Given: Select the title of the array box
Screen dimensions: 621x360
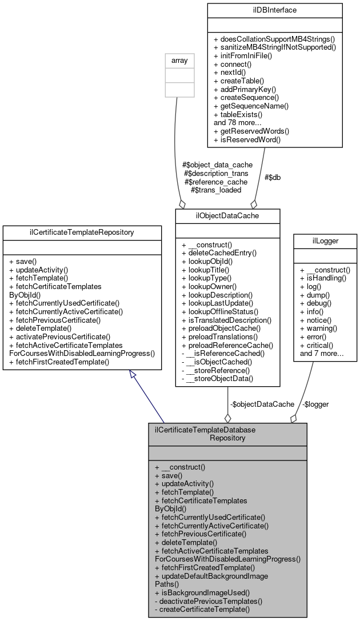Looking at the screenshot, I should point(177,59).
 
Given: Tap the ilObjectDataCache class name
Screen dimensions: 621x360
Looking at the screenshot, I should point(227,215).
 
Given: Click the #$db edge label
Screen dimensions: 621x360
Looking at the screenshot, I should point(272,177).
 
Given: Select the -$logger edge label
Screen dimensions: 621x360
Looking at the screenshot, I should point(315,404).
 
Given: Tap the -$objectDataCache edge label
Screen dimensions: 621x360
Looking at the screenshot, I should point(262,404).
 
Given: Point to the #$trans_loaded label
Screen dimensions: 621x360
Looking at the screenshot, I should point(213,190).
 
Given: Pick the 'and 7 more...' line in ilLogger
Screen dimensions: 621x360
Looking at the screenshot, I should point(322,354).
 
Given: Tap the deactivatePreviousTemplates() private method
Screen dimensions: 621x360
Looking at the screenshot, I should point(209,601).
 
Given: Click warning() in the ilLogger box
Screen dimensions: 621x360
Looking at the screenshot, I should point(318,328).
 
